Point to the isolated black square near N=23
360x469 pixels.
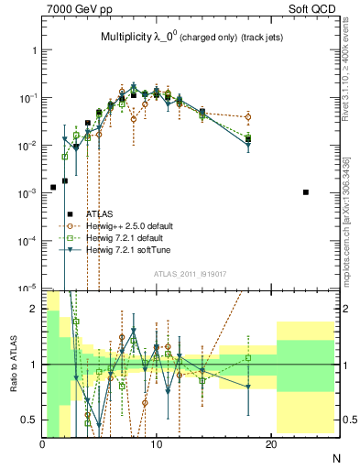pos(306,192)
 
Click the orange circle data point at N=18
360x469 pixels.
pos(248,117)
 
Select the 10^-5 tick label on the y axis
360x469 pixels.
pos(26,288)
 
